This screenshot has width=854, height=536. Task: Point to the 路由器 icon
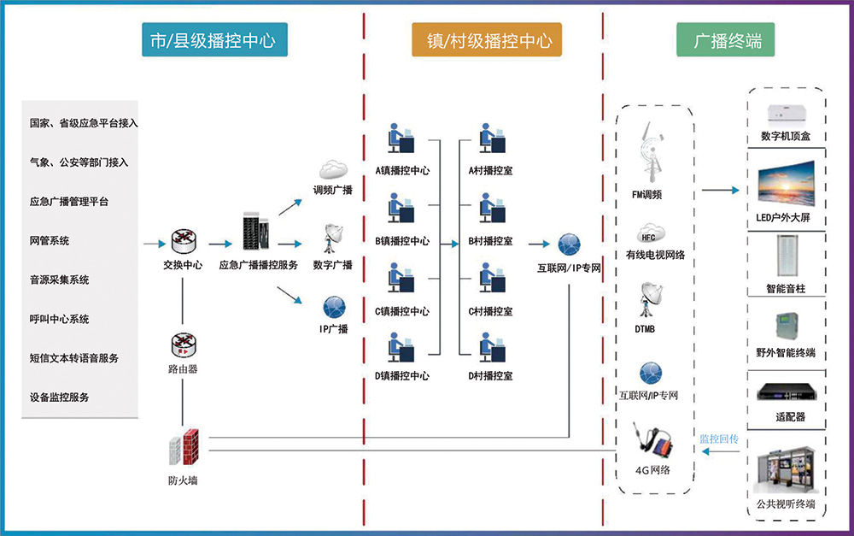click(183, 345)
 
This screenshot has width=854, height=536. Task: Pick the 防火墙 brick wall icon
click(183, 447)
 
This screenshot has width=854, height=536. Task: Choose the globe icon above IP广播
click(332, 306)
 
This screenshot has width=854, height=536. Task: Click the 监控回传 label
click(718, 439)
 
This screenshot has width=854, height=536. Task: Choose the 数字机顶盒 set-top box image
click(787, 113)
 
